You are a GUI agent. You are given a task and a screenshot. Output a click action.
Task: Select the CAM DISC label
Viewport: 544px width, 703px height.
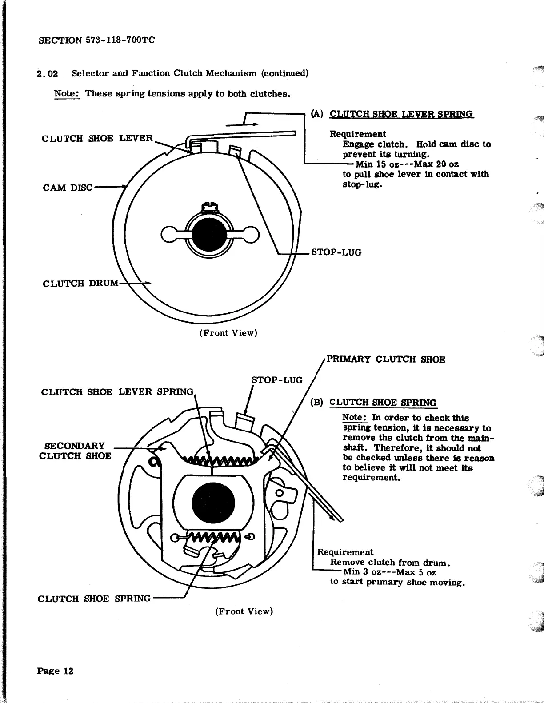[x=68, y=188]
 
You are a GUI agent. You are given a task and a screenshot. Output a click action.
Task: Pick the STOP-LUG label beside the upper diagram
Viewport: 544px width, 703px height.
[x=336, y=252]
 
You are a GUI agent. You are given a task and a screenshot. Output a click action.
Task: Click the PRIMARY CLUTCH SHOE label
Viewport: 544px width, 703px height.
[x=386, y=359]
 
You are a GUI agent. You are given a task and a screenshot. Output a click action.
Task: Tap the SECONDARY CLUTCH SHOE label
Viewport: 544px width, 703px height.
[x=75, y=451]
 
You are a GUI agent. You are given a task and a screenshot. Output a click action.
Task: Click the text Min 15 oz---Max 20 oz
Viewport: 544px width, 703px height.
[x=407, y=164]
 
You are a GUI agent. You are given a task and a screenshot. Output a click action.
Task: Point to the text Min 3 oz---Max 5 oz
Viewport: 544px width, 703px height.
[x=389, y=572]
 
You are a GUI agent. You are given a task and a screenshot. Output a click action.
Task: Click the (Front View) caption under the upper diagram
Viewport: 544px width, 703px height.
[x=228, y=333]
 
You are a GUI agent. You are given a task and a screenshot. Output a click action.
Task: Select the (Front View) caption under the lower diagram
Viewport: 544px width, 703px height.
[x=244, y=611]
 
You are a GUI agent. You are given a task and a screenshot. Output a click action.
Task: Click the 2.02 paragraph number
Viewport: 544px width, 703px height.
[x=48, y=73]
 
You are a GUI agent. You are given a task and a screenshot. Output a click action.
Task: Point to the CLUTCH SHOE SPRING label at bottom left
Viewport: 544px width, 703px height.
[x=94, y=599]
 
